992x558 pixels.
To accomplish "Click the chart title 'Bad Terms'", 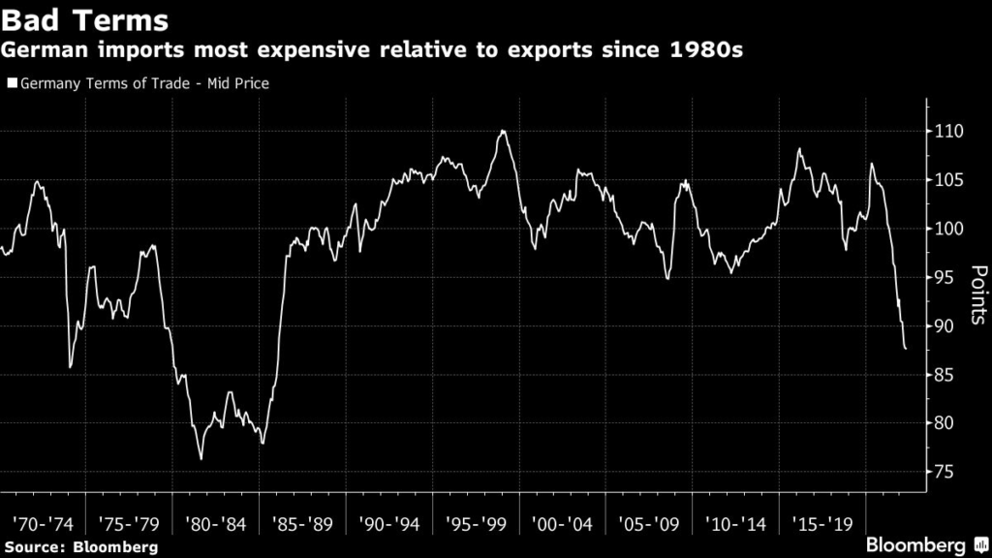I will [86, 20].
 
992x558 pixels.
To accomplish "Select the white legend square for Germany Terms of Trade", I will [11, 83].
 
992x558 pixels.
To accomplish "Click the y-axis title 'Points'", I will [977, 295].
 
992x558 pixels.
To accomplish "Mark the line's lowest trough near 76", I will [201, 458].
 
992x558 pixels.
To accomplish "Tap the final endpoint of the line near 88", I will [906, 349].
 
